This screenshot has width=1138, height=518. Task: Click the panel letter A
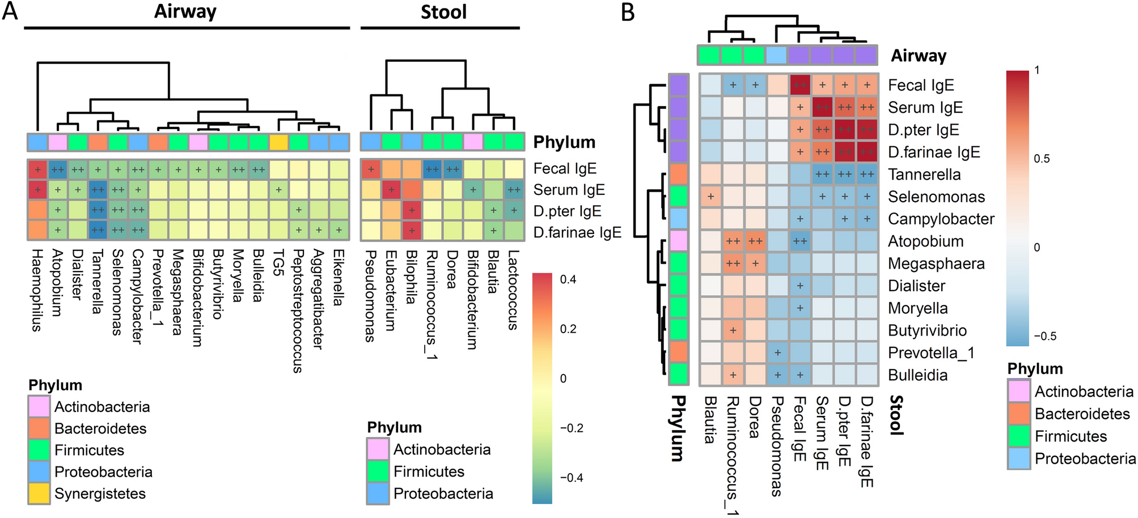[x=10, y=11]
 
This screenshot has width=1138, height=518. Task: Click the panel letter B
[x=628, y=12]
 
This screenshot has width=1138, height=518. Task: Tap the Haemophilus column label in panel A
[x=37, y=290]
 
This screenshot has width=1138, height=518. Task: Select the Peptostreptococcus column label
[x=298, y=311]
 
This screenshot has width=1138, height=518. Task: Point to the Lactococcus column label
[x=513, y=290]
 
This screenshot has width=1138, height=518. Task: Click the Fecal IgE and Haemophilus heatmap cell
[x=37, y=169]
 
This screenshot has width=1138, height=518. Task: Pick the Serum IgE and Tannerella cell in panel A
[x=98, y=190]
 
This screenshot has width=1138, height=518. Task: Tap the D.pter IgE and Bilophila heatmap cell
[x=412, y=211]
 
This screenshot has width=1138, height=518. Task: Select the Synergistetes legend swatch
[x=39, y=494]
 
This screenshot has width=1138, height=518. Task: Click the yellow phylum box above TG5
[x=278, y=142]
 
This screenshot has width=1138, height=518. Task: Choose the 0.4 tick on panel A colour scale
[x=568, y=279]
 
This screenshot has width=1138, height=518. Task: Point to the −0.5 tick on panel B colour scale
[x=1044, y=336]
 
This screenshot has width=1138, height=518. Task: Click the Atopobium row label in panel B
[x=925, y=241]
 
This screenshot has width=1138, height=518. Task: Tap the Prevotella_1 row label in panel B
[x=931, y=353]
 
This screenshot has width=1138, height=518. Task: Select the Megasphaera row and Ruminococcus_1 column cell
[x=733, y=264]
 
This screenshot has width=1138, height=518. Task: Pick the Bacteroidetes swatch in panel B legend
[x=1019, y=414]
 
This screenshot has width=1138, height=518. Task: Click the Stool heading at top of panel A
[x=443, y=12]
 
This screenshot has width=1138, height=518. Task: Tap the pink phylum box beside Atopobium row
[x=678, y=241]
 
